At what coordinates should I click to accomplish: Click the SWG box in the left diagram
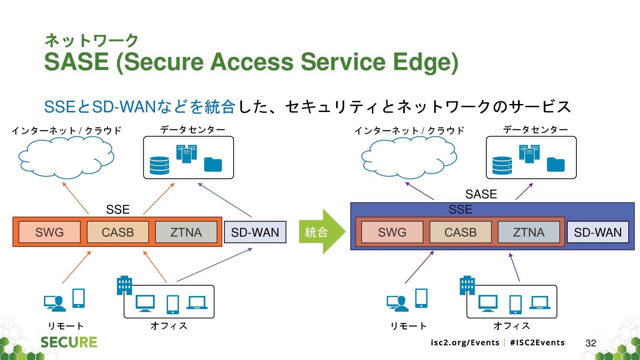tap(49, 232)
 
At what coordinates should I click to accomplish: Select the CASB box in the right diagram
tap(460, 232)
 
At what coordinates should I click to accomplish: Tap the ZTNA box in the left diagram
tap(186, 232)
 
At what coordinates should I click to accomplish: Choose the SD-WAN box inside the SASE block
tap(598, 232)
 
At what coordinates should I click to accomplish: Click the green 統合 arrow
tap(322, 232)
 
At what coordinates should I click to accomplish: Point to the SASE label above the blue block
tap(481, 194)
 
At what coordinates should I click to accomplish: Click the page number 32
tap(591, 343)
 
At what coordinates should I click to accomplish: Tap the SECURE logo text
tap(69, 342)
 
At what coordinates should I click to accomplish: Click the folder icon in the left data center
tap(213, 164)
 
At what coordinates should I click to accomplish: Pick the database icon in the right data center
tap(502, 166)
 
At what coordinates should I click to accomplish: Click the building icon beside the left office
tap(124, 285)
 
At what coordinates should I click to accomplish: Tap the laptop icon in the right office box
tap(540, 303)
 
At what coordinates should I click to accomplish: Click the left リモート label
tap(66, 326)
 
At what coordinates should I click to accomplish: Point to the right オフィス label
tap(512, 326)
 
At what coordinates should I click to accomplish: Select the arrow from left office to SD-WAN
tap(214, 265)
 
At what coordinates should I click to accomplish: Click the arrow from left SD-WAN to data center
tap(225, 200)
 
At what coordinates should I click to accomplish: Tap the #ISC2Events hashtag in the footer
tap(537, 343)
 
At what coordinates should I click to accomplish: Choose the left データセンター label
tap(193, 129)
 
